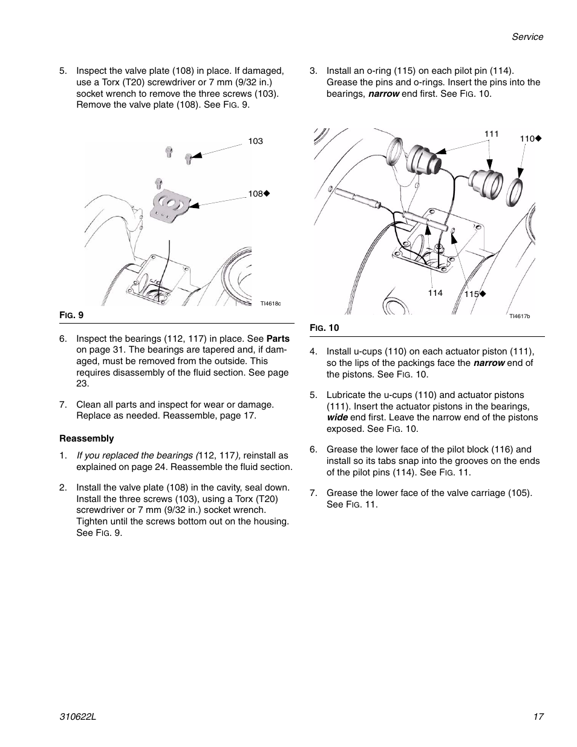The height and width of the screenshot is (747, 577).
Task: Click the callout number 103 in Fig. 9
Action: (x=255, y=141)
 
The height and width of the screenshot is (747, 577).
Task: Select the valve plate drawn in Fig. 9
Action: (x=169, y=206)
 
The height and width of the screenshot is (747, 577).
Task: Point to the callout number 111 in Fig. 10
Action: (x=491, y=134)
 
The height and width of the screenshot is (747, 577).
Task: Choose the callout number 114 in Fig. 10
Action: (x=435, y=293)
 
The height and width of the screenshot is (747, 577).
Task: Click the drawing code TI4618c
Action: (x=271, y=304)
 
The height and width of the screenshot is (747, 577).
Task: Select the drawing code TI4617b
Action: (x=519, y=316)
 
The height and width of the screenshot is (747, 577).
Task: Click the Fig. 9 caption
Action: (x=71, y=315)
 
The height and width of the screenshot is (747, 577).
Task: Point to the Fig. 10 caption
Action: (x=324, y=328)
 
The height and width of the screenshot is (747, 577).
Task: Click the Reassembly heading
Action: (x=86, y=439)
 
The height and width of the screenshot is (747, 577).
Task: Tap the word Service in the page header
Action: (x=527, y=37)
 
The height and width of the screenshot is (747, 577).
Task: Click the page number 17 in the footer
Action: (x=538, y=716)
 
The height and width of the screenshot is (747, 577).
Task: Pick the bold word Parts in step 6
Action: (x=278, y=339)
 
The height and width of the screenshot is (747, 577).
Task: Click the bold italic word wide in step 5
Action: (x=337, y=417)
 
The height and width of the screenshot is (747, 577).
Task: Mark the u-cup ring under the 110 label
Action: (x=517, y=193)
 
